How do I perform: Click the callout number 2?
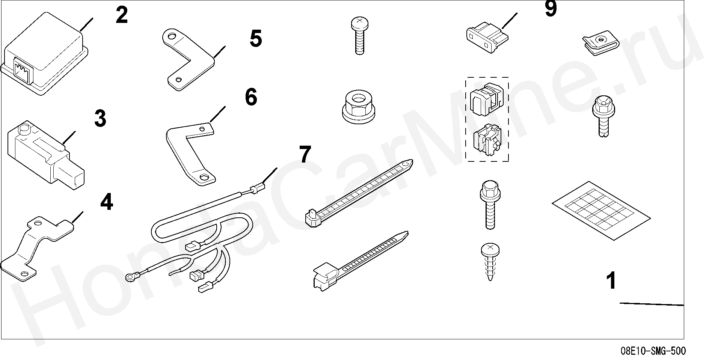(x=122, y=16)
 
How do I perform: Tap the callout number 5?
(x=256, y=39)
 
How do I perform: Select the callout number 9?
(x=551, y=9)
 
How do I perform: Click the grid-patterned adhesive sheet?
(x=600, y=211)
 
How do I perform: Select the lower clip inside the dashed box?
(x=487, y=140)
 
